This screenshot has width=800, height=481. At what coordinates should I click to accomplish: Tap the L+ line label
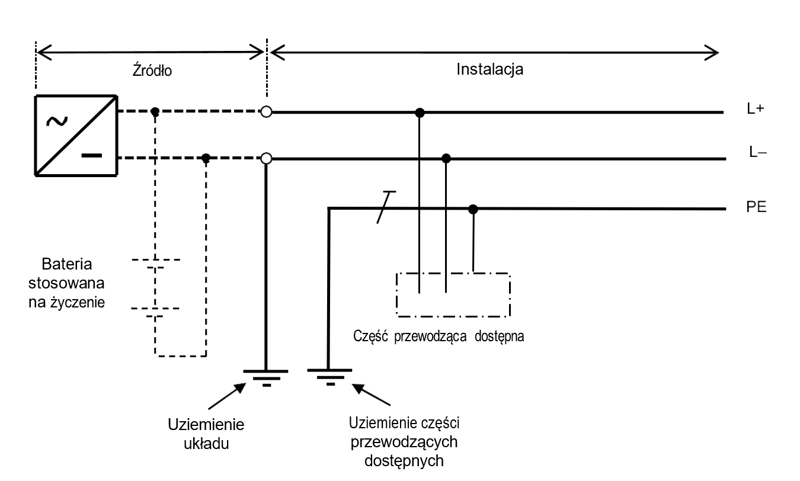[755, 111]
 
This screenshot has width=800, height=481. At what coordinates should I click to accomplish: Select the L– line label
[756, 152]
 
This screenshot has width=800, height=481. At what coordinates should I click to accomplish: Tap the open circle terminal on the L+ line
[267, 111]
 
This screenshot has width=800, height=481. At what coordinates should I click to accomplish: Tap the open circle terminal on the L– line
[267, 158]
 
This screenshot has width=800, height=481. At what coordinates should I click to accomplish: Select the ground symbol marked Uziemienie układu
[267, 376]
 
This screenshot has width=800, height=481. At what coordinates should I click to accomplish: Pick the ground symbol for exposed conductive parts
[329, 376]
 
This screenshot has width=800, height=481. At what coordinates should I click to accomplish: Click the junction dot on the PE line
[473, 209]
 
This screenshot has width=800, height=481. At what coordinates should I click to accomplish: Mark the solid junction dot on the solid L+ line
[420, 111]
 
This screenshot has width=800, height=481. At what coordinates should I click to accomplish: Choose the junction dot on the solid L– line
[446, 158]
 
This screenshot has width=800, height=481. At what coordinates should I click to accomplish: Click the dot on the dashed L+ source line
[155, 111]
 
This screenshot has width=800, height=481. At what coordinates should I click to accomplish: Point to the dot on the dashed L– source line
[206, 158]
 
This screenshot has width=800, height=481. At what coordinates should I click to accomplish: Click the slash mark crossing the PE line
[385, 207]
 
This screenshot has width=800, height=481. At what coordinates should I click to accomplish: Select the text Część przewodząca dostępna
[438, 336]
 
